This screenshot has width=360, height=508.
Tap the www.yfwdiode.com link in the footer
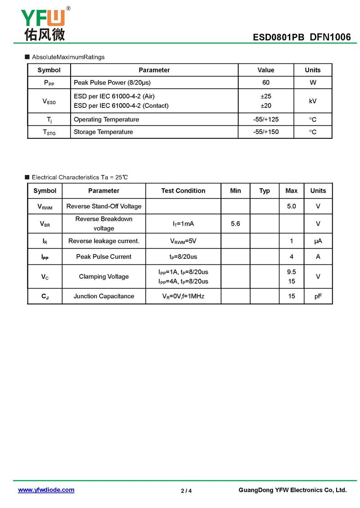point(46,490)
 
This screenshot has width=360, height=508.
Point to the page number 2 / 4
point(186,490)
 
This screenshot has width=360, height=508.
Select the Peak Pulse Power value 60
point(265,83)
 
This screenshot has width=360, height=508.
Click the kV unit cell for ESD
point(312,101)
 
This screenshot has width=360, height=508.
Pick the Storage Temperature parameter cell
point(103,132)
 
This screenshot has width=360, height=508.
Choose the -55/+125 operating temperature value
point(265,120)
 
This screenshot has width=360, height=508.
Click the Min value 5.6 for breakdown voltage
point(235,223)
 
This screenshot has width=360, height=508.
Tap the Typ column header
point(265,191)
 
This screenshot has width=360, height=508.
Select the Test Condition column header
point(183,191)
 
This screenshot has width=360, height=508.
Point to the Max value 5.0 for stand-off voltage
point(291,206)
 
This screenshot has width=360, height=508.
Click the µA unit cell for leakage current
point(318,241)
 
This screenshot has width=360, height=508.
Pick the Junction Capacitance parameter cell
point(104,296)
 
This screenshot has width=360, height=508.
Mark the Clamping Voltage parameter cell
point(104,276)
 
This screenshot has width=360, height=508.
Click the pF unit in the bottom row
point(318,296)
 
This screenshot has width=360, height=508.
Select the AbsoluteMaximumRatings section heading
point(68,57)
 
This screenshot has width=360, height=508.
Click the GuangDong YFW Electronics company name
point(292,490)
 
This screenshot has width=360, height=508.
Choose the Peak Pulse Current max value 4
point(292,257)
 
